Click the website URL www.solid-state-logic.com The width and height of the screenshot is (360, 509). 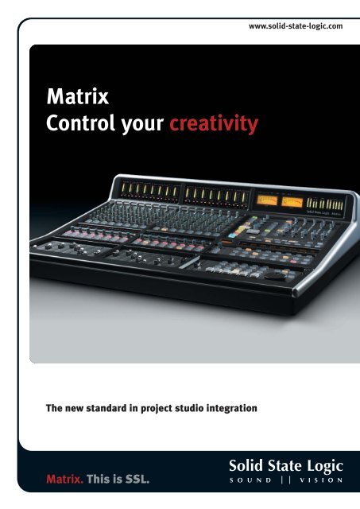click(x=296, y=25)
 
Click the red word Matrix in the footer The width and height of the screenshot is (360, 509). click(x=59, y=479)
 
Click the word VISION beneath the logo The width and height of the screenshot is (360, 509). click(x=319, y=480)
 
